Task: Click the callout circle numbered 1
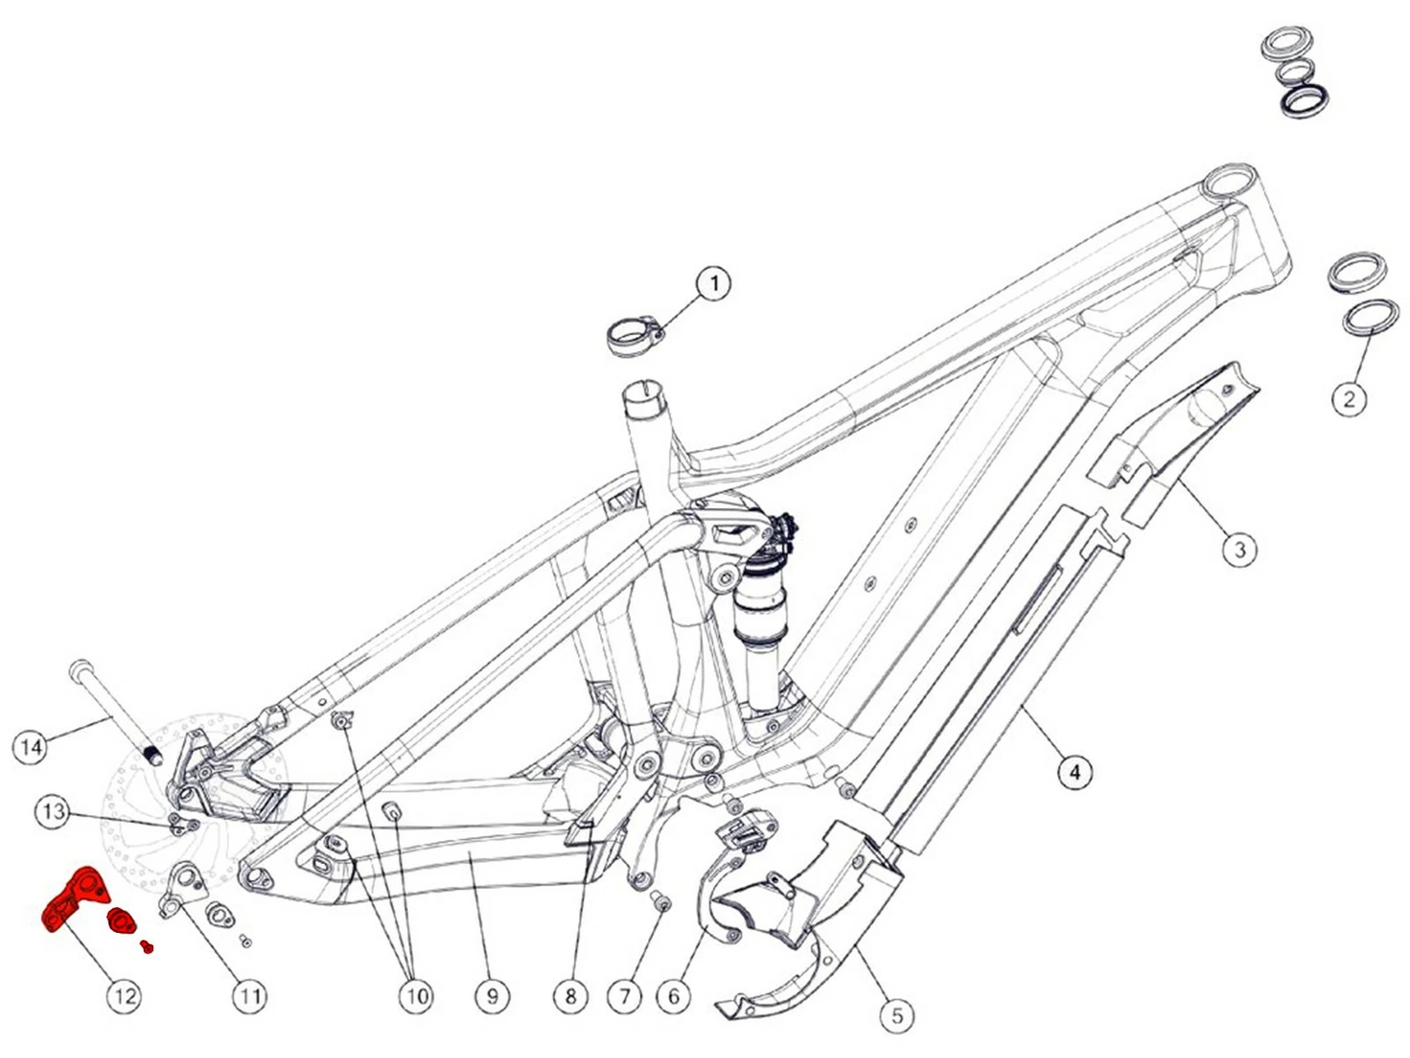(714, 284)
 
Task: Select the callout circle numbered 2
(1349, 399)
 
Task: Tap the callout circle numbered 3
(1240, 549)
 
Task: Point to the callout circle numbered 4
(1074, 772)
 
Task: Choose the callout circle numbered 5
(897, 1016)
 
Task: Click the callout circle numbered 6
(674, 996)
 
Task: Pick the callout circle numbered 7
(625, 996)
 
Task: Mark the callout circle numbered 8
(570, 996)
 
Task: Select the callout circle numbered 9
(492, 996)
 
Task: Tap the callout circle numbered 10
(416, 996)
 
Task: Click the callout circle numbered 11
(249, 996)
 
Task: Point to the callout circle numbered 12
(124, 996)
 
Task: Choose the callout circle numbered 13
(53, 811)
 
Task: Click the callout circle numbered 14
(31, 747)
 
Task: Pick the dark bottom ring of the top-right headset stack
(1304, 100)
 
